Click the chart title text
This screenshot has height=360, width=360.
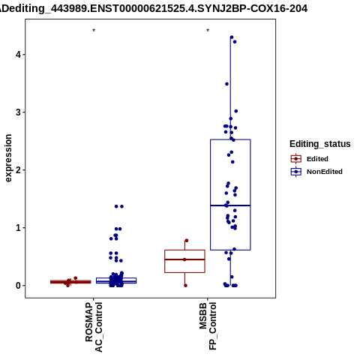coord(154,9)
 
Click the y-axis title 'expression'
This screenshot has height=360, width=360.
coord(8,158)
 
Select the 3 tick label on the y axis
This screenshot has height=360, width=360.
coord(19,112)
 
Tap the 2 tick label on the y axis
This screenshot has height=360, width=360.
coord(19,170)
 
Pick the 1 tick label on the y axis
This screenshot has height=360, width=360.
coord(19,228)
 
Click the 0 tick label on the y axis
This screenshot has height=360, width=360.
coord(19,286)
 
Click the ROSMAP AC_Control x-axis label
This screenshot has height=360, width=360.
coord(94,327)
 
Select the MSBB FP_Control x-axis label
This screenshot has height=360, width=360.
coord(208,326)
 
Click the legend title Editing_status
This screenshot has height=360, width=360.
coord(320,144)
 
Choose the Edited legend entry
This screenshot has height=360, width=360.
coord(310,159)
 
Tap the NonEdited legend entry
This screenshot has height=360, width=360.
coord(316,172)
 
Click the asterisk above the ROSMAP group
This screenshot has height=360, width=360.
coord(94,31)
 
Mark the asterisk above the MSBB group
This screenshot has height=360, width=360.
coord(208,31)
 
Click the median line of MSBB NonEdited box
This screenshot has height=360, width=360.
coord(230,205)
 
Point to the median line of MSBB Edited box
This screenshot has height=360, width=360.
coord(184,259)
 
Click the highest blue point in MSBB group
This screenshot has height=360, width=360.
coord(232,37)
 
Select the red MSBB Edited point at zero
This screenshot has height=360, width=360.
coord(185,286)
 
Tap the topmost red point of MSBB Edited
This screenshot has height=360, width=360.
coord(187,241)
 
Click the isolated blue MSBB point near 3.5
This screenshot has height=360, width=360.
coord(226,84)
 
